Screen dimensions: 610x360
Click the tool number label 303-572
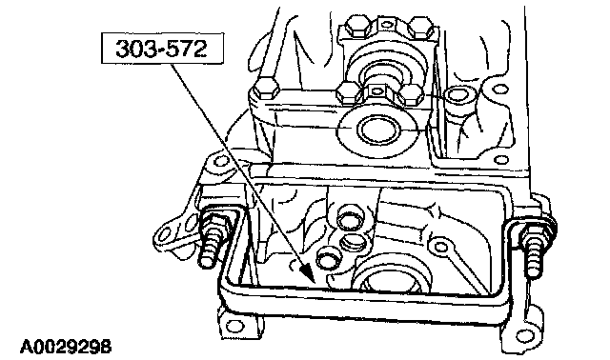coord(161,49)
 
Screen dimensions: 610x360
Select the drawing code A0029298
coord(66,347)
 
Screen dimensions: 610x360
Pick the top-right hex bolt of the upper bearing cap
coord(421,27)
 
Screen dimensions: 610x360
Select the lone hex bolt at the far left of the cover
coord(265,89)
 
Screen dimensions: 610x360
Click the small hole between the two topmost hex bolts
coord(387,24)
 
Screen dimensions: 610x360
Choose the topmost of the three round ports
coord(348,220)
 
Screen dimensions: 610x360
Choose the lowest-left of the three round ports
coord(327,258)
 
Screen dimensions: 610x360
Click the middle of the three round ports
coord(354,244)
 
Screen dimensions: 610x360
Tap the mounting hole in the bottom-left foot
coord(234,326)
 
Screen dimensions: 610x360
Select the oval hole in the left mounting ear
coord(165,234)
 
